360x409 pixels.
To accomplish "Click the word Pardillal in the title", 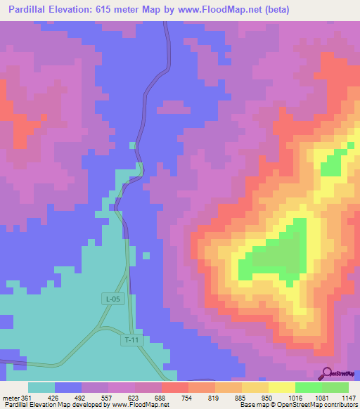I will point(34,9).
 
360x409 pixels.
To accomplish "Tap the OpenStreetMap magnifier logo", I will point(328,374).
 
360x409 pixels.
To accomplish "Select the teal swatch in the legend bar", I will point(41,387).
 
